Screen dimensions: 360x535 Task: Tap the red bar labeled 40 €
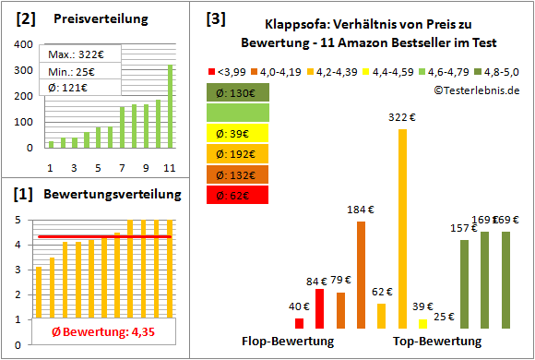299,322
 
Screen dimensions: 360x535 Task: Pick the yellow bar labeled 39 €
422,322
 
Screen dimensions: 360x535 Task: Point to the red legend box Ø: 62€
238,194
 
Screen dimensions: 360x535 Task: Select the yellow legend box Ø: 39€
238,133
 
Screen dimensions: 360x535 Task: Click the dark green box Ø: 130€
238,92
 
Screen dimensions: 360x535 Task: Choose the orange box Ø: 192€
238,153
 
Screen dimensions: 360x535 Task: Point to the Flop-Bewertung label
288,341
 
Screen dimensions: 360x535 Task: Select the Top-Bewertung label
437,341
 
